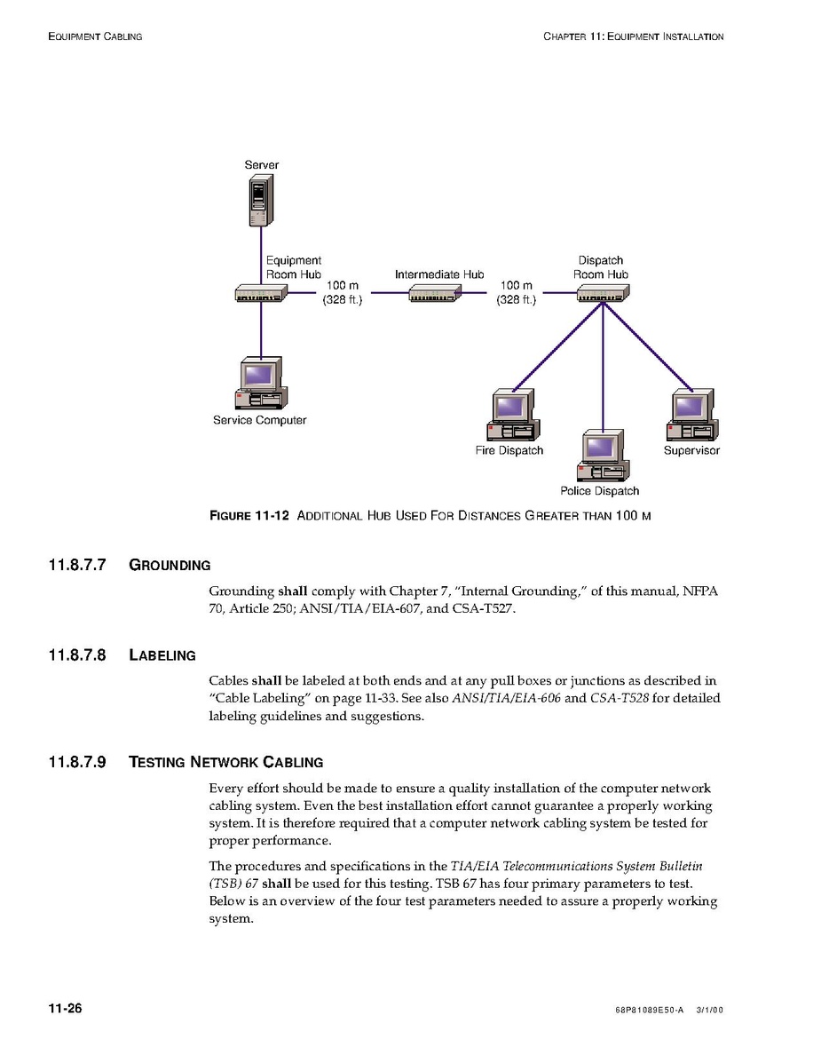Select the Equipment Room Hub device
pyautogui.click(x=260, y=294)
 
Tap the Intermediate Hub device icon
pyautogui.click(x=435, y=294)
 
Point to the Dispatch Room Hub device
pyautogui.click(x=602, y=294)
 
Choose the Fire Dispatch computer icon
pyautogui.click(x=510, y=416)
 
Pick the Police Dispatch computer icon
pyautogui.click(x=602, y=456)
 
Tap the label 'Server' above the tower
pyautogui.click(x=261, y=165)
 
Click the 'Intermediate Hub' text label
pyautogui.click(x=439, y=274)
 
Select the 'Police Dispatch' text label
pyautogui.click(x=599, y=491)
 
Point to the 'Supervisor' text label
pyautogui.click(x=691, y=450)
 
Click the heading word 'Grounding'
pyautogui.click(x=170, y=565)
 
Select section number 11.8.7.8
pyautogui.click(x=77, y=655)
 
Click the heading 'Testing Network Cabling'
pyautogui.click(x=225, y=762)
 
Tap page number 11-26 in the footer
pyautogui.click(x=65, y=1009)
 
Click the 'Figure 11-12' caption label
pyautogui.click(x=249, y=516)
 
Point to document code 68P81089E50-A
pyautogui.click(x=648, y=1011)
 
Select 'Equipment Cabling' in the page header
pyautogui.click(x=95, y=36)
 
